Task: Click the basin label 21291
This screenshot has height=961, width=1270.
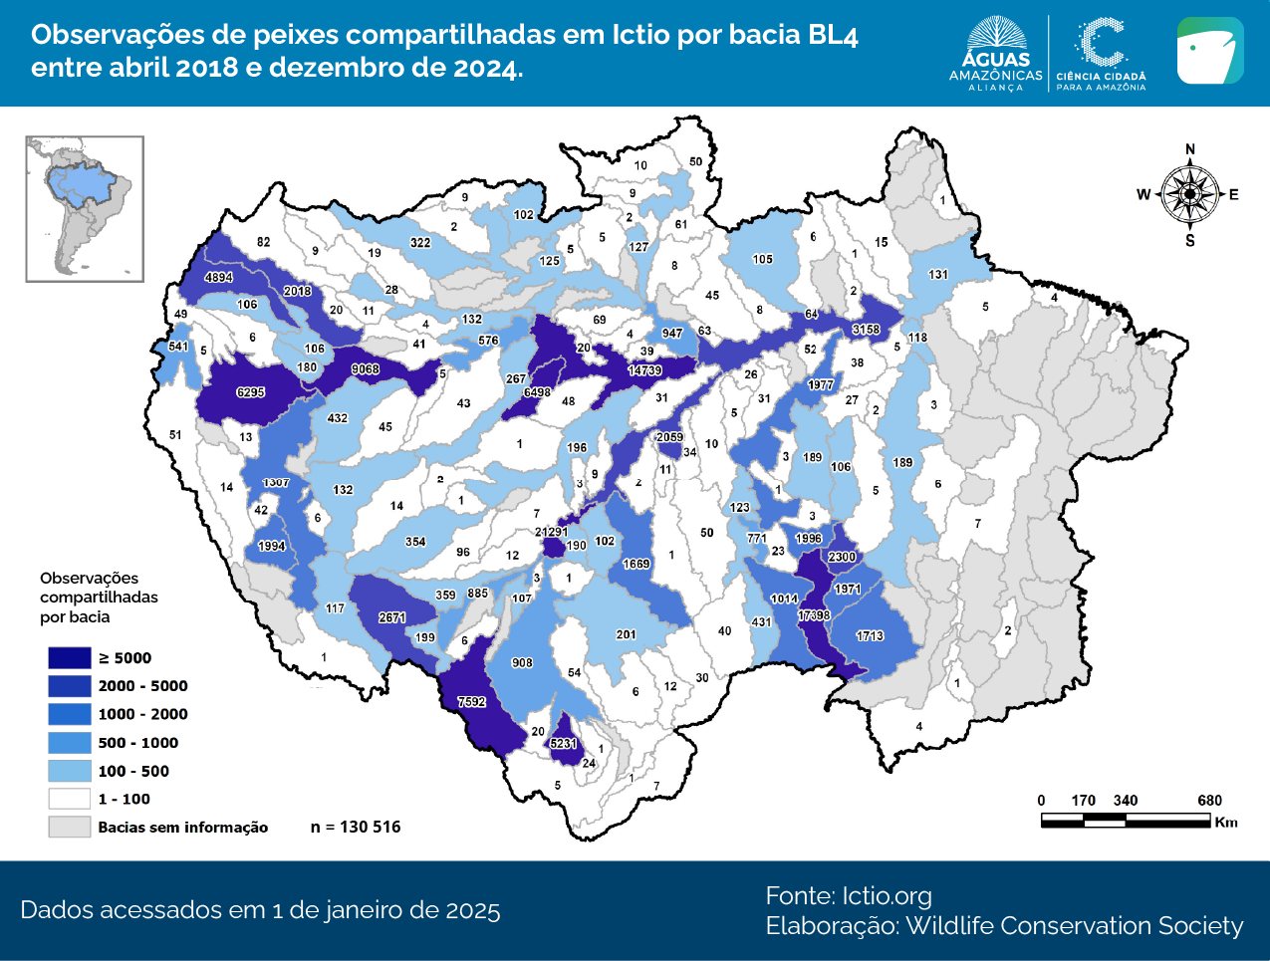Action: click(552, 532)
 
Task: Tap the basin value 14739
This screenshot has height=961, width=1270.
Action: click(644, 370)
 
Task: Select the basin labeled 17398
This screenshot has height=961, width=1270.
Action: click(814, 615)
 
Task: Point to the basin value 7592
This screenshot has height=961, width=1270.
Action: click(471, 702)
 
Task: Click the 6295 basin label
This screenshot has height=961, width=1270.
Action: click(250, 392)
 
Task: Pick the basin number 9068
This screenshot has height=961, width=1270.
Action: click(365, 369)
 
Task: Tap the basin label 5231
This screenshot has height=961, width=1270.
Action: click(563, 744)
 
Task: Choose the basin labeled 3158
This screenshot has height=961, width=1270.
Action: click(866, 330)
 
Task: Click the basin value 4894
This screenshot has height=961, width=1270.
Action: click(218, 278)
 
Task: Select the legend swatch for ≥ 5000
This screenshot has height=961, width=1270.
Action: click(69, 657)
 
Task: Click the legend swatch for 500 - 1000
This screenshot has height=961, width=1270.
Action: click(69, 742)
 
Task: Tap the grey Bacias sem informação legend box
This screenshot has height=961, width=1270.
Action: click(69, 827)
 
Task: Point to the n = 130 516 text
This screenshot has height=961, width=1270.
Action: click(356, 827)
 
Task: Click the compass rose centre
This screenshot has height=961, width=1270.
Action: click(1189, 194)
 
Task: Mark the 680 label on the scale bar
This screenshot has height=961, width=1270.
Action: click(1209, 801)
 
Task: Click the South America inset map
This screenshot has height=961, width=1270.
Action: click(85, 209)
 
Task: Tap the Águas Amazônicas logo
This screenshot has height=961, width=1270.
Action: click(995, 54)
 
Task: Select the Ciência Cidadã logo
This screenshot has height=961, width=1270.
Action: click(1101, 54)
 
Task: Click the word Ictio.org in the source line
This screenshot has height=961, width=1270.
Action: click(887, 895)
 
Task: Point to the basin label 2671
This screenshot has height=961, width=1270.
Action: click(391, 617)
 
